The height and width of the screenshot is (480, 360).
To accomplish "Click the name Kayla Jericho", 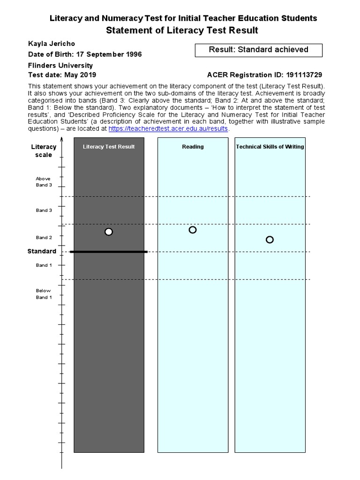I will pyautogui.click(x=52, y=44).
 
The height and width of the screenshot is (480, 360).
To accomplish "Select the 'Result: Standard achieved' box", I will pyautogui.click(x=258, y=50).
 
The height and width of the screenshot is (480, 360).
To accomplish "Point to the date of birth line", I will pyautogui.click(x=85, y=54).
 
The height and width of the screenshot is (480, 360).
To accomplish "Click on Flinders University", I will pyautogui.click(x=60, y=65).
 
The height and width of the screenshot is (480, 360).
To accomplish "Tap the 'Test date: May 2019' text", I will pyautogui.click(x=62, y=75).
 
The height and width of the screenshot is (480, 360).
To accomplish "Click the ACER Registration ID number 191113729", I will pyautogui.click(x=300, y=75).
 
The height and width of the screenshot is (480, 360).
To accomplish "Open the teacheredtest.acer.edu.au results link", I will pyautogui.click(x=168, y=128).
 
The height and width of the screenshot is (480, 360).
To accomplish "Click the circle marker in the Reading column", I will pyautogui.click(x=193, y=230).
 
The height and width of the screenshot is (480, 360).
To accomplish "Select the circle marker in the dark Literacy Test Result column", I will pyautogui.click(x=109, y=232).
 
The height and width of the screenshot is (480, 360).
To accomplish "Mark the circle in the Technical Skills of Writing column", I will pyautogui.click(x=270, y=240).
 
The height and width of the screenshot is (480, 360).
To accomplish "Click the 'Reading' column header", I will pyautogui.click(x=193, y=147).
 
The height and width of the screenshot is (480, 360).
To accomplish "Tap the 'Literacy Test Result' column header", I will pyautogui.click(x=109, y=147).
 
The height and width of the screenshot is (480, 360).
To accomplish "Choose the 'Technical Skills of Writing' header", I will pyautogui.click(x=270, y=147).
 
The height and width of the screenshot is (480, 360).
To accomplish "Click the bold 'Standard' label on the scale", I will pyautogui.click(x=42, y=251).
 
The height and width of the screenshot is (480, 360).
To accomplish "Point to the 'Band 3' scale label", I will pyautogui.click(x=44, y=210).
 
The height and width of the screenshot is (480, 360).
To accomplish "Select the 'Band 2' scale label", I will pyautogui.click(x=44, y=238).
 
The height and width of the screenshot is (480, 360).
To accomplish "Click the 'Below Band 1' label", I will pyautogui.click(x=44, y=294).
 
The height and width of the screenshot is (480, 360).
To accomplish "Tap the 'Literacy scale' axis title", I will pyautogui.click(x=44, y=150).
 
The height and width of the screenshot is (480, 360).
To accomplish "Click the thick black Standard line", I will pyautogui.click(x=109, y=252).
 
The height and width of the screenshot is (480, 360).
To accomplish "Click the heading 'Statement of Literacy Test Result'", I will pyautogui.click(x=182, y=30).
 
